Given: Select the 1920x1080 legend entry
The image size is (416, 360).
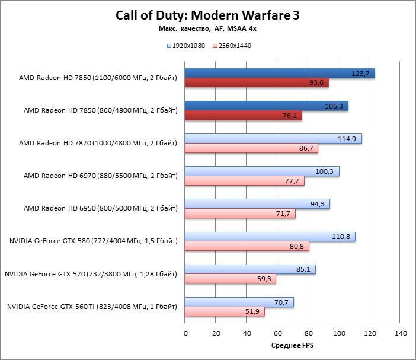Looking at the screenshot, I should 187,46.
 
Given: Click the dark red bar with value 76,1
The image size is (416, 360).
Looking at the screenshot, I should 243,116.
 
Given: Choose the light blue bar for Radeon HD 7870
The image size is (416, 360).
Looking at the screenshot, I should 273,139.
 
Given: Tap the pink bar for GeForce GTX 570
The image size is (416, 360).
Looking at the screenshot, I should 231,279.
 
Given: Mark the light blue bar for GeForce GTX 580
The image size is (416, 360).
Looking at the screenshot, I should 270,237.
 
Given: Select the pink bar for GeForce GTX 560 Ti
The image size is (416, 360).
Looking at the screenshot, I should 225,311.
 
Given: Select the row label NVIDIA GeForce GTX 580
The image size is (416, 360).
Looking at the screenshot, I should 94,241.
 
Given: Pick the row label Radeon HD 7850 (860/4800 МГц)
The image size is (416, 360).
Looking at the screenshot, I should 100,110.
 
